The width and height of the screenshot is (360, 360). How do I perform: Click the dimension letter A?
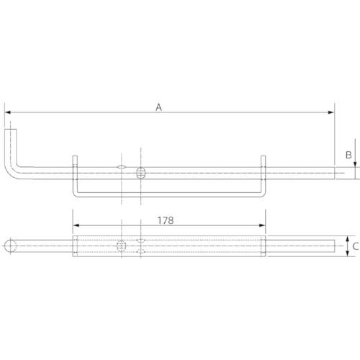(x=160, y=107)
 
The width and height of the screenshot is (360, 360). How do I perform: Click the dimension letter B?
(x=347, y=154)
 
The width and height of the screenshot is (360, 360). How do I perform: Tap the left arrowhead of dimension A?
(x=7, y=112)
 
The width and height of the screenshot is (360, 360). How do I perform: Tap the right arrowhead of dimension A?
(x=332, y=112)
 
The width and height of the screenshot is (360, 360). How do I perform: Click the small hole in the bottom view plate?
(x=122, y=246)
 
